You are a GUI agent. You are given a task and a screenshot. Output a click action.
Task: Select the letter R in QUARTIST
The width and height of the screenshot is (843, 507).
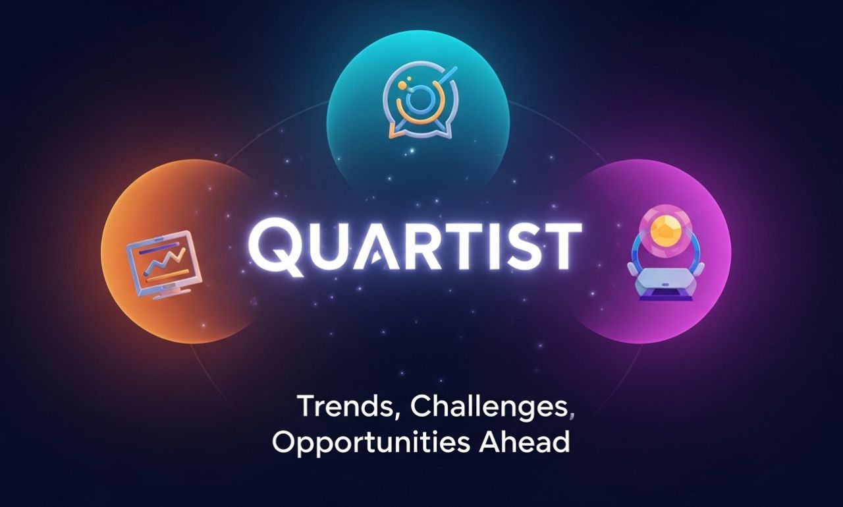pyautogui.click(x=414, y=246)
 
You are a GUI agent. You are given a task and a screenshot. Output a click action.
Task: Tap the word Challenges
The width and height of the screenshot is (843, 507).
pyautogui.click(x=488, y=407)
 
